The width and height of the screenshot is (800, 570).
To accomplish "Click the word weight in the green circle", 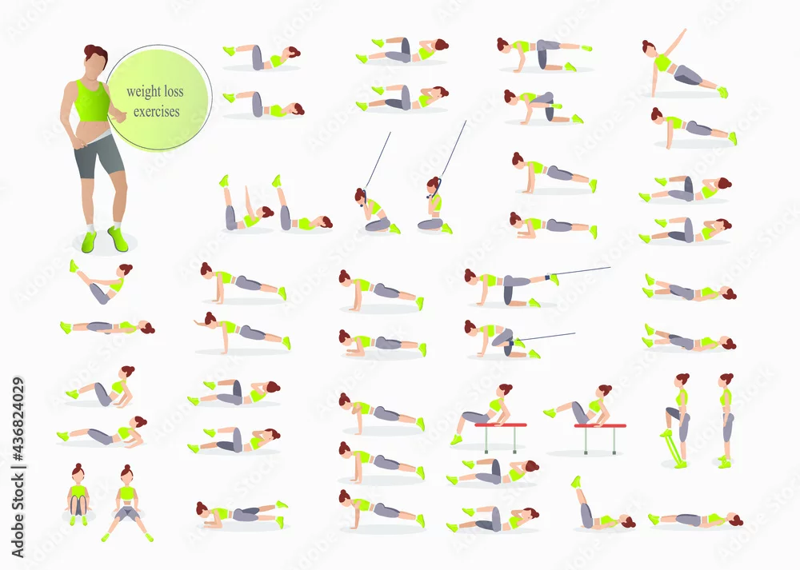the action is [x=140, y=92].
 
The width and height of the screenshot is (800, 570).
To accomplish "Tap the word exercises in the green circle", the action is [x=157, y=111].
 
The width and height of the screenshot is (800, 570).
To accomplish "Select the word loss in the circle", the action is [x=170, y=91].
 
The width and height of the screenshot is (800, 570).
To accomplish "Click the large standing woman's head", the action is [x=96, y=59].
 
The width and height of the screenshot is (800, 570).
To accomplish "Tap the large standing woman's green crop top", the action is [x=92, y=100].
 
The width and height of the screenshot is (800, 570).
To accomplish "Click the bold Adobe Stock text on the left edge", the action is [x=18, y=515].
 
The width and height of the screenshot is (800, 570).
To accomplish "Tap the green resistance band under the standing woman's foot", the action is [x=674, y=448].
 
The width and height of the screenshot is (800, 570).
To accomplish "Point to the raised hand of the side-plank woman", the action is [x=683, y=32].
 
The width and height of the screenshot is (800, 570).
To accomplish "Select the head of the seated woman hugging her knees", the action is [x=78, y=472].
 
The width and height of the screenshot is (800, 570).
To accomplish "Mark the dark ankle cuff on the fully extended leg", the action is [x=548, y=278].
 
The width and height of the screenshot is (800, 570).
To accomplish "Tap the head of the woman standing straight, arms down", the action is [x=726, y=381].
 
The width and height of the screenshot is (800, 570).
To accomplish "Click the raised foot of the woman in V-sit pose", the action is [x=74, y=265].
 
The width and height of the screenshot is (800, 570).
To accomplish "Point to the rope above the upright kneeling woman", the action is [x=453, y=149].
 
